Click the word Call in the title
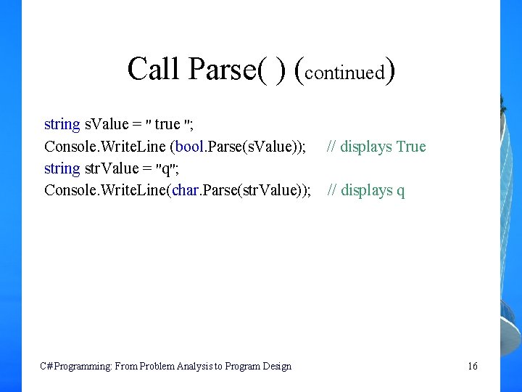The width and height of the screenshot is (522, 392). coord(154,69)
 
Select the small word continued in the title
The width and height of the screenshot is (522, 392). coord(344,73)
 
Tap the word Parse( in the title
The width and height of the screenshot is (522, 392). coord(225,70)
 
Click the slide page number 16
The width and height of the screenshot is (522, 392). coord(473,366)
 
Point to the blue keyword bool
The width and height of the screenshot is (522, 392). coord(188,147)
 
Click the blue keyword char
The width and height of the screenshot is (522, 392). coord(187,190)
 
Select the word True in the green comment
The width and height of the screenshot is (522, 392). coord(411,147)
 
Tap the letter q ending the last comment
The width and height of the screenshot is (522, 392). coord(401,192)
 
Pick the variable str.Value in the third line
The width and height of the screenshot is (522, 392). coord(112,168)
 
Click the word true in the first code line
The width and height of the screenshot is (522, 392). coord(167,124)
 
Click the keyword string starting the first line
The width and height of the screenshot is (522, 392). coord(62,125)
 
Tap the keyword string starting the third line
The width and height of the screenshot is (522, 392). coord(62,169)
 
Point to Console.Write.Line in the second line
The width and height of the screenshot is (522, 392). coord(104,147)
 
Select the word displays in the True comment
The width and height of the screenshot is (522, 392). coord(366,147)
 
